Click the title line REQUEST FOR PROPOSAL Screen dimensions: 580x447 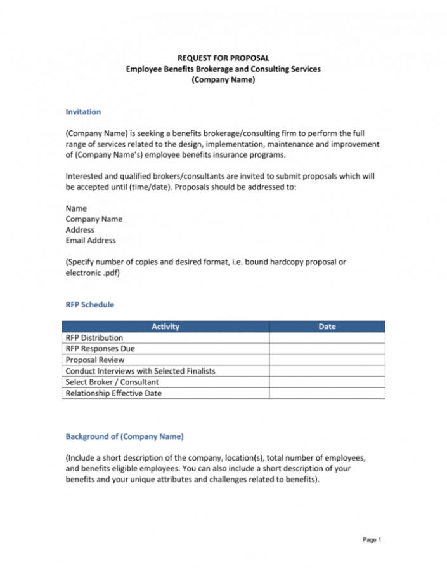tap(223, 58)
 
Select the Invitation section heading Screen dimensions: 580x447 tap(83, 112)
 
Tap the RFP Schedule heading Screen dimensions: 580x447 tap(90, 304)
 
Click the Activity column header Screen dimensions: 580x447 tap(165, 327)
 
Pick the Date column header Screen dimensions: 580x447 tap(327, 327)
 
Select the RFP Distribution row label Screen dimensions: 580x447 tap(94, 338)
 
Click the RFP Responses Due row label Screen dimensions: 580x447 tap(100, 349)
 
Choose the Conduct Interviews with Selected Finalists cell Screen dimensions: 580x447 tap(140, 371)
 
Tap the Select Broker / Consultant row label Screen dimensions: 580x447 tap(112, 382)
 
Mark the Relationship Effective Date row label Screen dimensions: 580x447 tap(113, 393)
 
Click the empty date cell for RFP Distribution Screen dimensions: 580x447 tap(327, 338)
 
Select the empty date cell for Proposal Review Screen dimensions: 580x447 tap(327, 360)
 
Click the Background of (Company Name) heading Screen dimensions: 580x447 tap(125, 436)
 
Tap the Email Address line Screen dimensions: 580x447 tap(91, 241)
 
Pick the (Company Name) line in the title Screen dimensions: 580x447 tap(223, 79)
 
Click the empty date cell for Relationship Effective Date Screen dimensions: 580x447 tap(327, 393)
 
